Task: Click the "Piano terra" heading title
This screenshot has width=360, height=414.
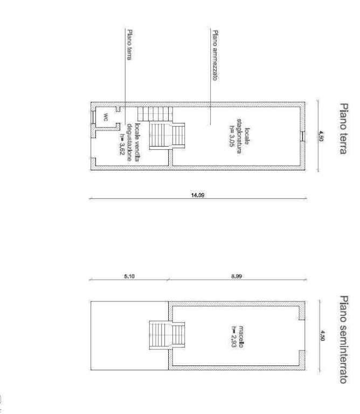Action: pyautogui.click(x=344, y=129)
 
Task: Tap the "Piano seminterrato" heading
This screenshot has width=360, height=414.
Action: pyautogui.click(x=344, y=339)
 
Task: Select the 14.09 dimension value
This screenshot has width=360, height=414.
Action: pyautogui.click(x=198, y=195)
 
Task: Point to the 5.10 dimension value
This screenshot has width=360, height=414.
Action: pyautogui.click(x=129, y=276)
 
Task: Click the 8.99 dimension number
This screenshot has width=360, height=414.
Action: pyautogui.click(x=237, y=276)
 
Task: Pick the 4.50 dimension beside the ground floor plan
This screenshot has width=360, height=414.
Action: pyautogui.click(x=321, y=136)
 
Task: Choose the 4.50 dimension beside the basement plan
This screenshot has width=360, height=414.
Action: pyautogui.click(x=322, y=336)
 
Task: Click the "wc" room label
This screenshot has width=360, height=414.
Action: pyautogui.click(x=106, y=117)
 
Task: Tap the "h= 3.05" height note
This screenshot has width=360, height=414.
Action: pyautogui.click(x=232, y=136)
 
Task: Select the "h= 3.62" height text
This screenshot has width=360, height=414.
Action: pyautogui.click(x=122, y=144)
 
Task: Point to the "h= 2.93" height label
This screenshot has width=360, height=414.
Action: pyautogui.click(x=234, y=337)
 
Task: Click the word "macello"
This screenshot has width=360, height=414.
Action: pyautogui.click(x=241, y=337)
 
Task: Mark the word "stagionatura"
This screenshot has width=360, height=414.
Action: pyautogui.click(x=239, y=136)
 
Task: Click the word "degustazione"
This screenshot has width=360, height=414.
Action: pyautogui.click(x=129, y=142)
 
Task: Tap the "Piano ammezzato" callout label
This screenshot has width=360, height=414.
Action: pyautogui.click(x=216, y=55)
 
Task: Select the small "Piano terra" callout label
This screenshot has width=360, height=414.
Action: pyautogui.click(x=129, y=45)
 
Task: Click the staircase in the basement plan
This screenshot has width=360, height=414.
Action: pyautogui.click(x=167, y=335)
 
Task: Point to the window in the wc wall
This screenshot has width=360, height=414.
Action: pyautogui.click(x=93, y=117)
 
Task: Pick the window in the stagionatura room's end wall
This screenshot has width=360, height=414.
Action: pyautogui.click(x=303, y=136)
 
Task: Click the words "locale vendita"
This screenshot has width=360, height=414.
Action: pyautogui.click(x=137, y=142)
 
